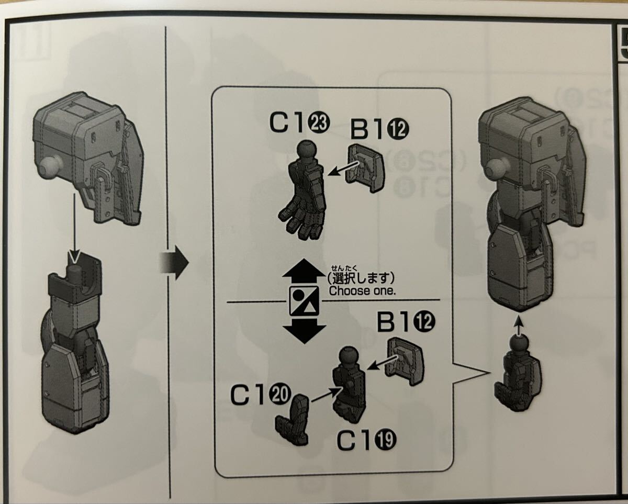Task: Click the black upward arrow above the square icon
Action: (304, 273)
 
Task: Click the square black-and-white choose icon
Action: (304, 301)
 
